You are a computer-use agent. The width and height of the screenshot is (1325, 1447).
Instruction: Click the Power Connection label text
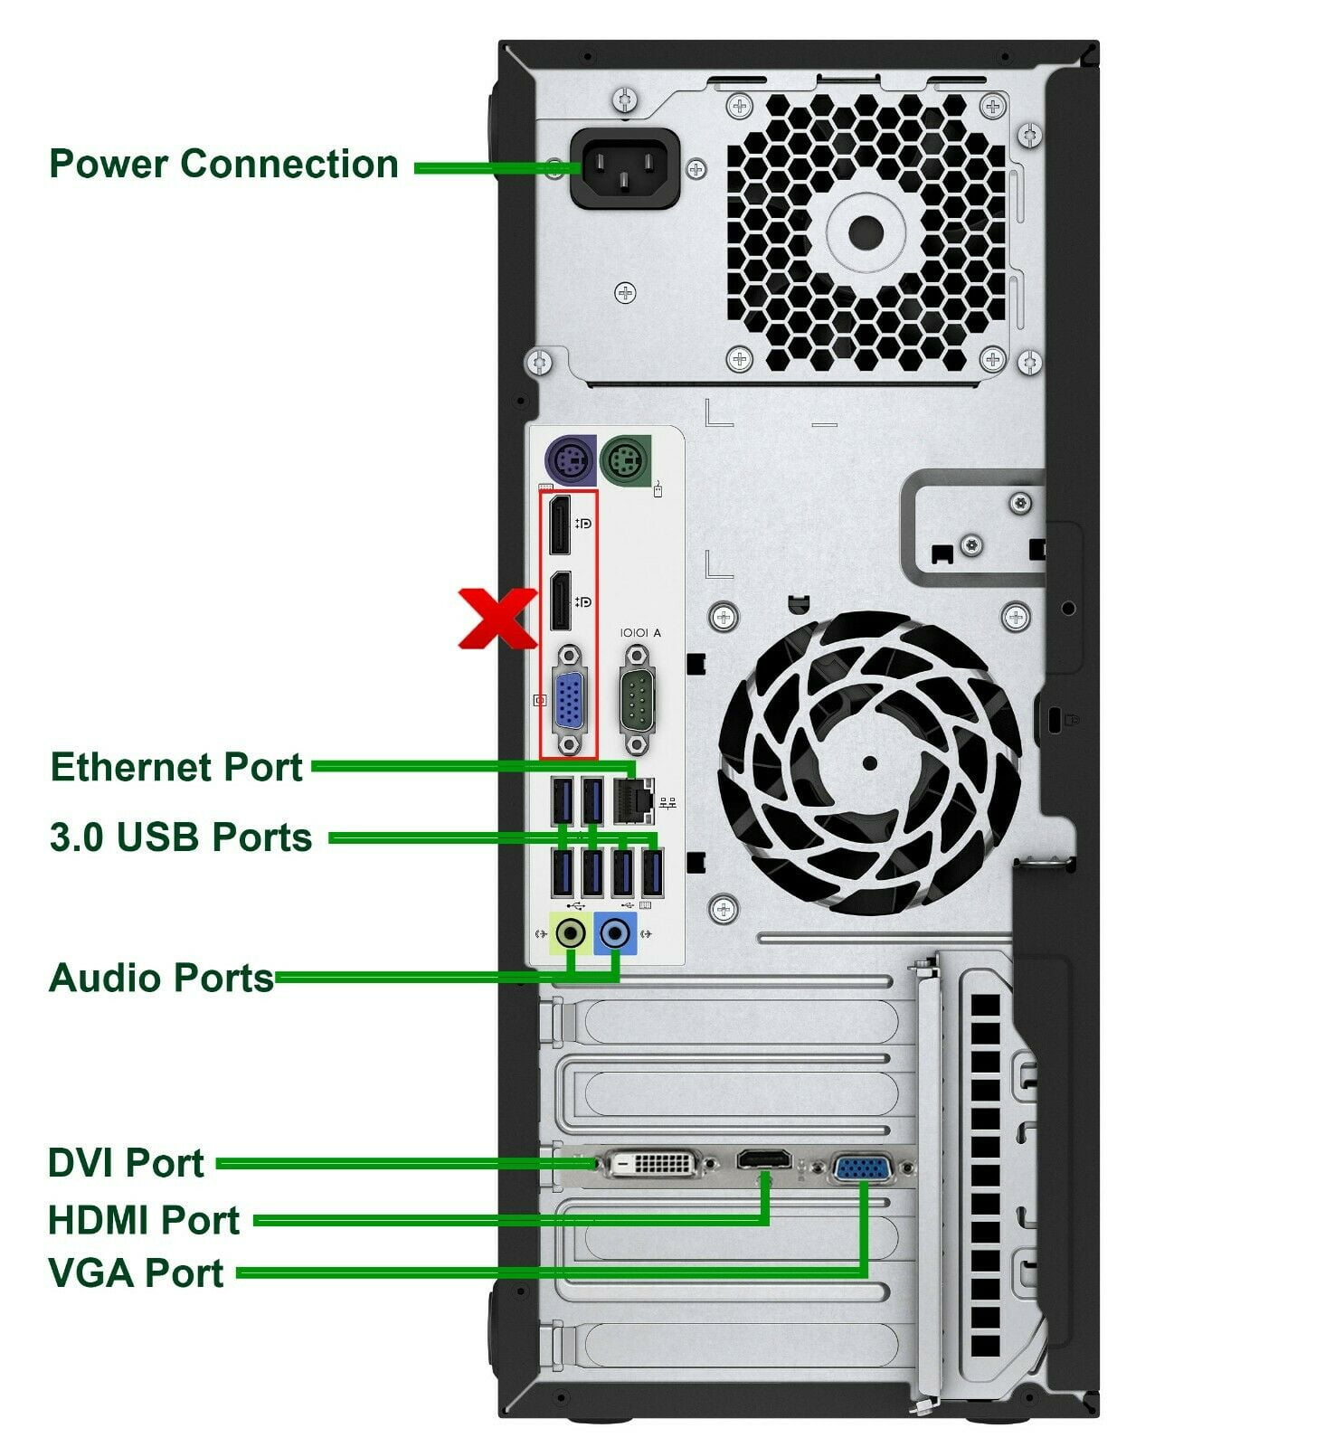tap(223, 164)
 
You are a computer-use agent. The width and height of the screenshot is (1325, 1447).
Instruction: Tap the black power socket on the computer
tap(625, 169)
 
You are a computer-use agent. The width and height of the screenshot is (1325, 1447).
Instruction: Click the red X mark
tap(497, 618)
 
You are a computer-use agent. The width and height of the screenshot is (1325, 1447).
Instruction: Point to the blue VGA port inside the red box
tap(569, 699)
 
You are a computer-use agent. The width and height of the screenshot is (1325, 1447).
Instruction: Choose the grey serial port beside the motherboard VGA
tap(637, 699)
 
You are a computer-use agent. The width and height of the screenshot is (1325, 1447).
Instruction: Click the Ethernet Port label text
tap(176, 767)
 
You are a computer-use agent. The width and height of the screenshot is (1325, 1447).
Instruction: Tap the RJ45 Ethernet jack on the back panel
tap(634, 799)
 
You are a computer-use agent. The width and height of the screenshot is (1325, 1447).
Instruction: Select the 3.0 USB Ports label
tap(181, 837)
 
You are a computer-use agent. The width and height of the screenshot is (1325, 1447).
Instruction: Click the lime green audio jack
tap(571, 932)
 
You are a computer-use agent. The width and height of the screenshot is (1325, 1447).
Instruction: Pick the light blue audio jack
tap(616, 932)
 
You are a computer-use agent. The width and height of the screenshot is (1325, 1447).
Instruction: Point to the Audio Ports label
tap(161, 978)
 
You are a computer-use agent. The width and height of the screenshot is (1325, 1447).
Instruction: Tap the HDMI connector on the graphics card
tap(765, 1159)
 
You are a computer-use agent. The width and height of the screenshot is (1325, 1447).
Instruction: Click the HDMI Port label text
tap(144, 1220)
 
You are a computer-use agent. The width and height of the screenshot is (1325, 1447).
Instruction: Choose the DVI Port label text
tap(126, 1163)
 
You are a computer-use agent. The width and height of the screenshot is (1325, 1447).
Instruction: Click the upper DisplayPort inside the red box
tap(560, 525)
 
